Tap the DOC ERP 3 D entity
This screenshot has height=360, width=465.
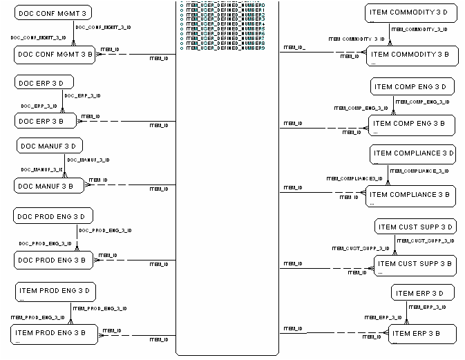click(x=44, y=83)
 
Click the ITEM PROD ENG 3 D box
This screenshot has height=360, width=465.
click(x=55, y=292)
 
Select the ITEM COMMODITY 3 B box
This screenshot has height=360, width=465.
click(x=412, y=56)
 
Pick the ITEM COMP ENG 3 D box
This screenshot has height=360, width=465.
click(x=412, y=87)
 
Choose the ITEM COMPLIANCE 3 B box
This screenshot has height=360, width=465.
click(x=412, y=196)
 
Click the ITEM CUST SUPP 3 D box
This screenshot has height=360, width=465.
click(x=416, y=227)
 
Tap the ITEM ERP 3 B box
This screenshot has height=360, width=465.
click(x=422, y=334)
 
